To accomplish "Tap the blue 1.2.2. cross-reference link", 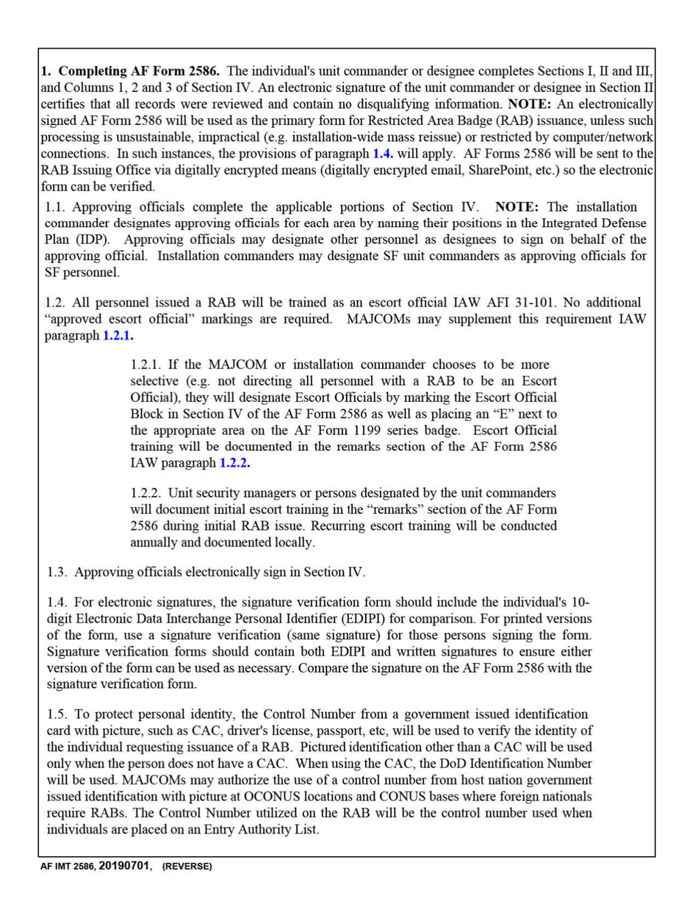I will click(234, 463).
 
